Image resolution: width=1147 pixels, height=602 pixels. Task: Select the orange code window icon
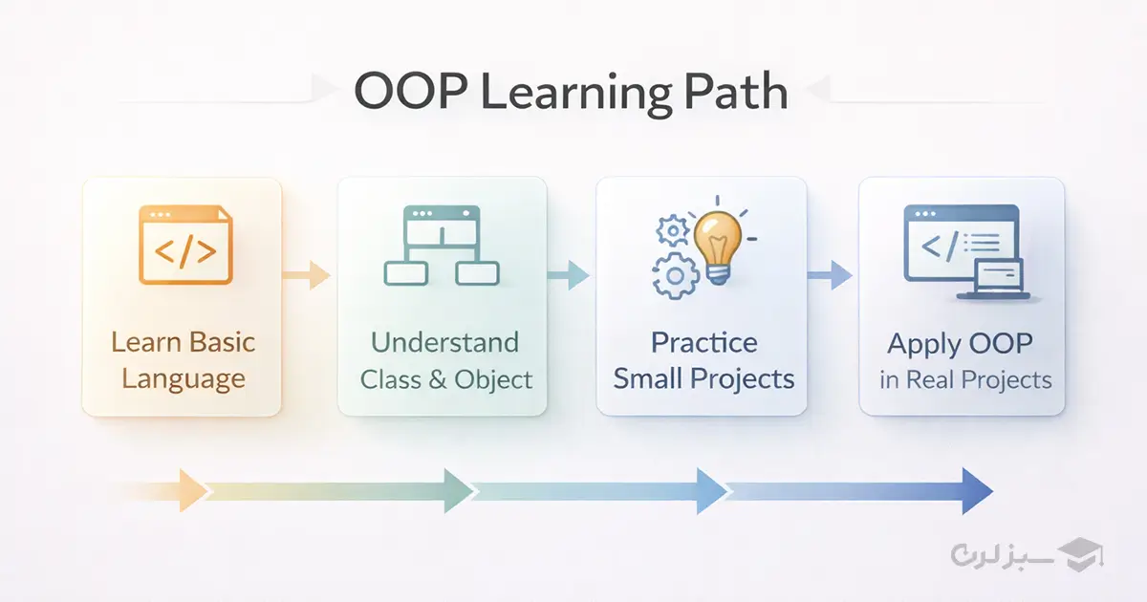tap(184, 246)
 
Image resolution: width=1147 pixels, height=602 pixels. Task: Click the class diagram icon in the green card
tap(441, 246)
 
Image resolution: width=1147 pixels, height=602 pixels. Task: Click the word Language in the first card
tap(184, 379)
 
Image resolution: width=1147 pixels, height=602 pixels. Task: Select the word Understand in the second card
tap(444, 342)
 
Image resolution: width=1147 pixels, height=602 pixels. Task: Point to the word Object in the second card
tap(493, 379)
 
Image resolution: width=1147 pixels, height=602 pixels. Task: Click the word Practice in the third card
tap(703, 342)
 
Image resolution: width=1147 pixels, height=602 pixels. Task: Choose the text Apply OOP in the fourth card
tap(960, 343)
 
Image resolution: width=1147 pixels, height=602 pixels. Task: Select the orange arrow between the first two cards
tap(307, 276)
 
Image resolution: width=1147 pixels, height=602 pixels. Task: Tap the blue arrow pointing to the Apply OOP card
tap(830, 276)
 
